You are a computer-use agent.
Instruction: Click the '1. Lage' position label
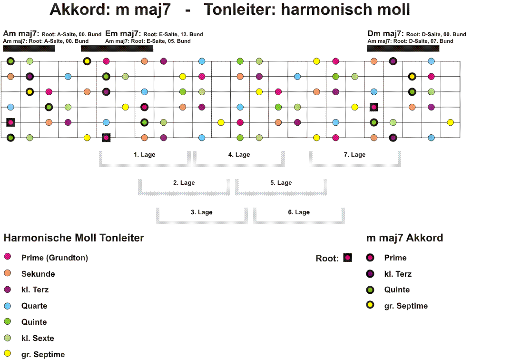pyautogui.click(x=145, y=155)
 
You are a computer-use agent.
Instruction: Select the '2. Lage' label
pyautogui.click(x=184, y=182)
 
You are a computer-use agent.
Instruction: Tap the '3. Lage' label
pyautogui.click(x=202, y=212)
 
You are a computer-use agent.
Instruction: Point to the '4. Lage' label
pyautogui.click(x=239, y=155)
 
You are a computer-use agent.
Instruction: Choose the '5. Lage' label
pyautogui.click(x=281, y=182)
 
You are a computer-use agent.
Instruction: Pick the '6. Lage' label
pyautogui.click(x=299, y=212)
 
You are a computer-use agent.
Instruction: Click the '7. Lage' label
pyautogui.click(x=354, y=155)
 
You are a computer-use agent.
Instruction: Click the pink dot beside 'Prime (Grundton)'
pyautogui.click(x=8, y=257)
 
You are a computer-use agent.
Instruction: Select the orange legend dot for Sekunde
pyautogui.click(x=8, y=273)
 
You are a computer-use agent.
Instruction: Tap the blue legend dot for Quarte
pyautogui.click(x=8, y=306)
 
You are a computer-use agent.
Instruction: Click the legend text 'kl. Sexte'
pyautogui.click(x=38, y=338)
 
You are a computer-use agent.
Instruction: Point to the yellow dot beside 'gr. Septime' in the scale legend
pyautogui.click(x=8, y=353)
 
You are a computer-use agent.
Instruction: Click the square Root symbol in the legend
pyautogui.click(x=347, y=258)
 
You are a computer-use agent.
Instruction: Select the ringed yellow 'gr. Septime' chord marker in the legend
pyautogui.click(x=370, y=305)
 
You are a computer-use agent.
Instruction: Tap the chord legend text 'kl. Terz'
pyautogui.click(x=398, y=274)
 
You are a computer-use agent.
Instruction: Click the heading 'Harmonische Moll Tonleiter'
pyautogui.click(x=74, y=238)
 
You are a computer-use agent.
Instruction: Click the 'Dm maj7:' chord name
pyautogui.click(x=385, y=34)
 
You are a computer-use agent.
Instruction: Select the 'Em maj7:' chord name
pyautogui.click(x=123, y=34)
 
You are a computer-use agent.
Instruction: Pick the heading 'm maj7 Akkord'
pyautogui.click(x=405, y=238)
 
